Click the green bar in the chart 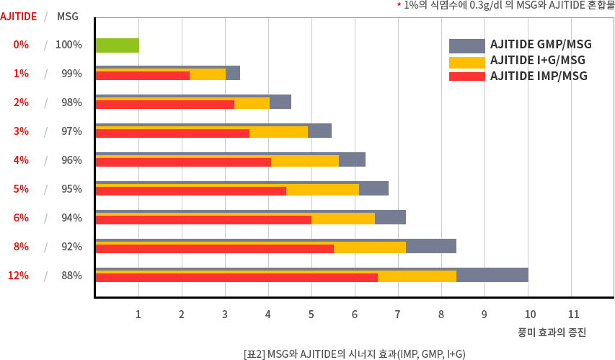117,45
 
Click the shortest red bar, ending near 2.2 142,76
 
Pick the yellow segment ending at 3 208,75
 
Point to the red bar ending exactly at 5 203,220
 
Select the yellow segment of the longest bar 417,277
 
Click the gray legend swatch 466,45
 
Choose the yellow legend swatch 466,61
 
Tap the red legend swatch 466,76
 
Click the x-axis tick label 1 138,315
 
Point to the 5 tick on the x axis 311,315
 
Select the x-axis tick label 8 441,315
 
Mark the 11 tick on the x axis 573,315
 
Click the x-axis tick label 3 224,315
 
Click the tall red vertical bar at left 20,159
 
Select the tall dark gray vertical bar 71,159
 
